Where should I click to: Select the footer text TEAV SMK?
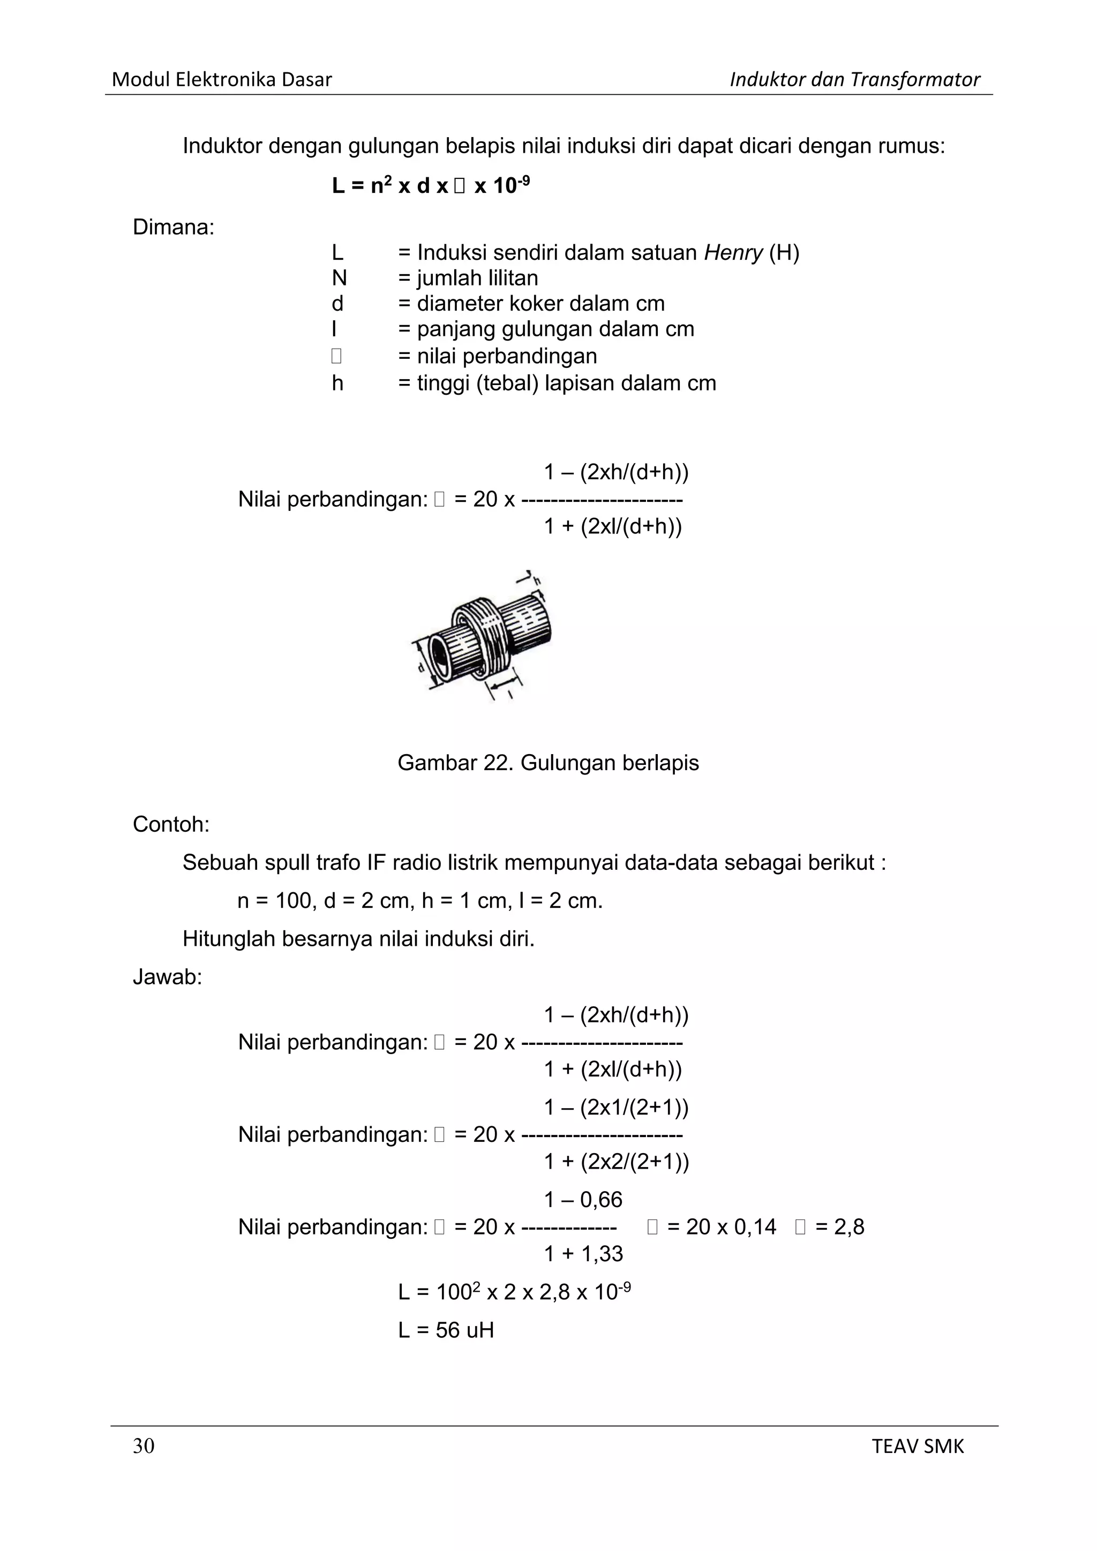918,1446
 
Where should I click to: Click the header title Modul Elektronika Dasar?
222,80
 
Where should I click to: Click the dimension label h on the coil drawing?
537,581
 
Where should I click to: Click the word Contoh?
171,824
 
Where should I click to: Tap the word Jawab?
167,977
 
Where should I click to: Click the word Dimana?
173,227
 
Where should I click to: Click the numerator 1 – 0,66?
583,1200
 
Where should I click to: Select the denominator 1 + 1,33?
583,1254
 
